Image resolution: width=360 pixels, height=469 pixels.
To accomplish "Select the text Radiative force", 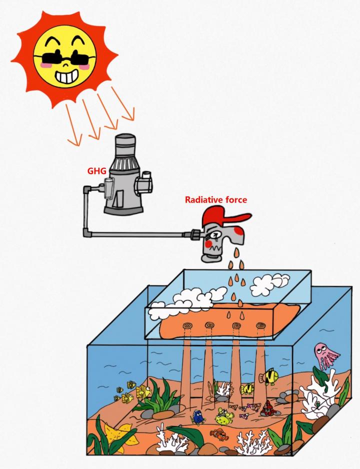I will [x=216, y=199].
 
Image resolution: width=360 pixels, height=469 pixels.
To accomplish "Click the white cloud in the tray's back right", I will [x=269, y=283].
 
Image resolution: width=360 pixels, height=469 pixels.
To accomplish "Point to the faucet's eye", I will [x=213, y=233].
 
